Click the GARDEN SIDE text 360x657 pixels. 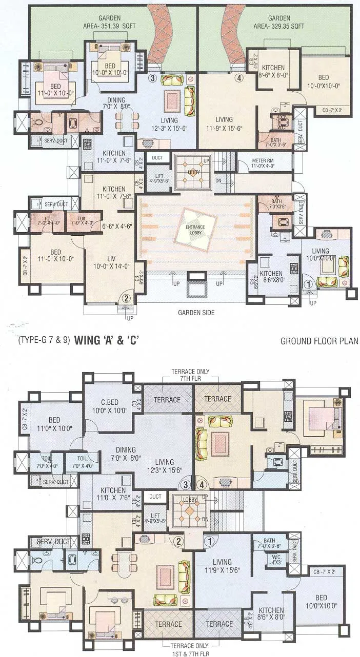196,312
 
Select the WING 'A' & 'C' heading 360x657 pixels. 107,340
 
